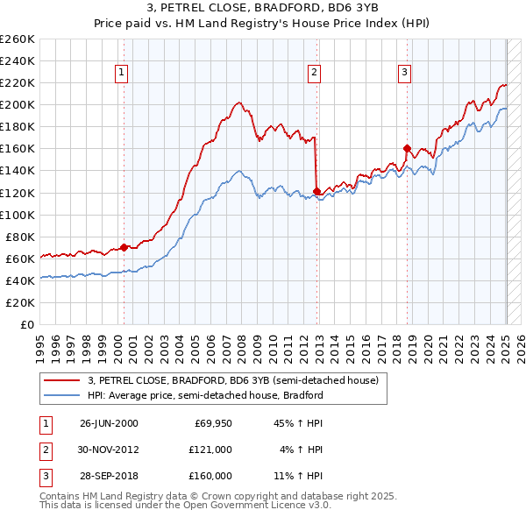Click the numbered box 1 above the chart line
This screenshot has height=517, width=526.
[120, 73]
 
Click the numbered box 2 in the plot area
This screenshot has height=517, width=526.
[314, 73]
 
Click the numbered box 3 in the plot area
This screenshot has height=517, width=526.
[404, 73]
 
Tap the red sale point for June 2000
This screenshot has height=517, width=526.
[124, 247]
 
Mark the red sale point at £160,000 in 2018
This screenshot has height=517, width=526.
[407, 148]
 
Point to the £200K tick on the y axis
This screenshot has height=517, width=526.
[18, 104]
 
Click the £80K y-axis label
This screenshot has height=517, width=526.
[21, 237]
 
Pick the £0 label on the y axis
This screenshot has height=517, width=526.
[27, 324]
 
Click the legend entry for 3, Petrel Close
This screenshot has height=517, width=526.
[232, 380]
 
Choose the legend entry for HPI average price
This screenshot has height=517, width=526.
[205, 395]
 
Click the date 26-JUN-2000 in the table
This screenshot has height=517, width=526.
[109, 423]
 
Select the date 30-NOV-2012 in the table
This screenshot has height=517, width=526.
[109, 450]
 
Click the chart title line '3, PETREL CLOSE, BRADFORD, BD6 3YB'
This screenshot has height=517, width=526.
[263, 11]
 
